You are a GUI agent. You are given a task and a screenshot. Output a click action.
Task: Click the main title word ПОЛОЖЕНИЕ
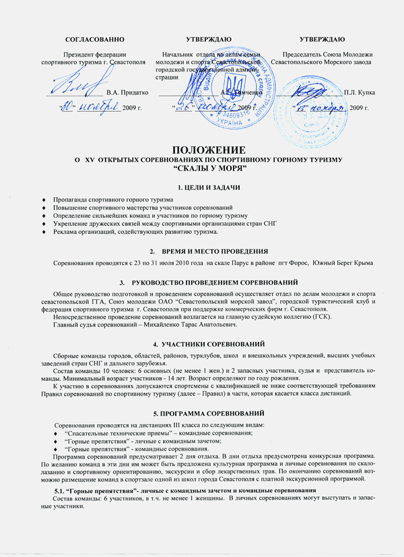coord(202,148)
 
